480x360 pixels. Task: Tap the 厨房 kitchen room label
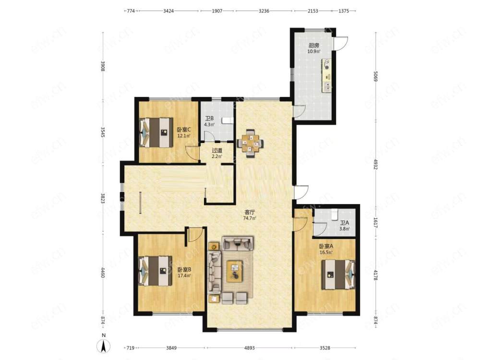tap(314, 45)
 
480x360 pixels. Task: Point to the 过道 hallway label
tap(217, 151)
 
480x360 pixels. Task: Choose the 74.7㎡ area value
tap(250, 218)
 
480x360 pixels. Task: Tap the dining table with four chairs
tap(250, 144)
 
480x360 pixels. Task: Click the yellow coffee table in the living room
tap(235, 271)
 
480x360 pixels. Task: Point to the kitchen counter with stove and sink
tap(326, 76)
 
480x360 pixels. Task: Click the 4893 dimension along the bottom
tap(249, 348)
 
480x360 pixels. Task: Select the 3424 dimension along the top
tap(168, 11)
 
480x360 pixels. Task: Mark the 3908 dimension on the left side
tap(103, 66)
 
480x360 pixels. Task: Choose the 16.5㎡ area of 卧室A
tap(326, 252)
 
